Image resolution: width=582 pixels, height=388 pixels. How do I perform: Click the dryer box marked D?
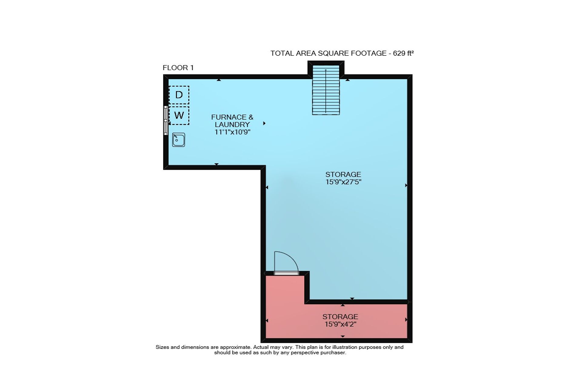[179, 95]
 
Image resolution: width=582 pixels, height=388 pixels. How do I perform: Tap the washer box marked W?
[179, 115]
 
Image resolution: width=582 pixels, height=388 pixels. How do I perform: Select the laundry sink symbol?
[179, 140]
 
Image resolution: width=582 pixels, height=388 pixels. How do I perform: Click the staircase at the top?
[326, 90]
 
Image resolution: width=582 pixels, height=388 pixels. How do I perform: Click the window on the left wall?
[166, 120]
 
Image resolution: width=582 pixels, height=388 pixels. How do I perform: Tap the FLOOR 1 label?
[178, 68]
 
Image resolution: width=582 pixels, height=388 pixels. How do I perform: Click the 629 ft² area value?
[403, 53]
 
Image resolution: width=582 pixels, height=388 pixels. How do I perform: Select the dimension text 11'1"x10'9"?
[232, 132]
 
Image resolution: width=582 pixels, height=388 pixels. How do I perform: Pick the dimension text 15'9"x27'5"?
[343, 182]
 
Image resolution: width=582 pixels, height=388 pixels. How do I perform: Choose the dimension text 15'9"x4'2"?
[340, 324]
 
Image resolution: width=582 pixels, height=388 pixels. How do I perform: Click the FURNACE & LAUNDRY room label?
[232, 121]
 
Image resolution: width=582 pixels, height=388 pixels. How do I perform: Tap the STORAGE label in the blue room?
[343, 175]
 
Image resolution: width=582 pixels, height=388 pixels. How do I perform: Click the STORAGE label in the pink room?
[340, 317]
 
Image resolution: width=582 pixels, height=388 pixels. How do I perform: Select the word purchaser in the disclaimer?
[333, 353]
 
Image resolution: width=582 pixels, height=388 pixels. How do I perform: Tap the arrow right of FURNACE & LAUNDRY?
[264, 123]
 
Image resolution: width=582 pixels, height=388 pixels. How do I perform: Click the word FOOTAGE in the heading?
[369, 53]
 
